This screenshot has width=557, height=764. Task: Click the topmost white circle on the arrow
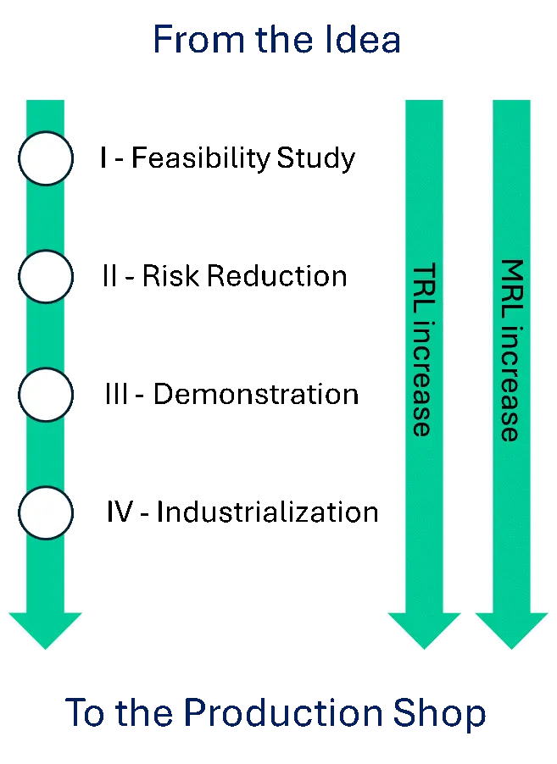point(45,158)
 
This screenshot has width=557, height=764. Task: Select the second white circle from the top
point(45,277)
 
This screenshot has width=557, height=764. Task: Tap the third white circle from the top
point(45,396)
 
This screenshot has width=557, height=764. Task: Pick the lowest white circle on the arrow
point(45,513)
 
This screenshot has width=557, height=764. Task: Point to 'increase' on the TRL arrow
point(422,379)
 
